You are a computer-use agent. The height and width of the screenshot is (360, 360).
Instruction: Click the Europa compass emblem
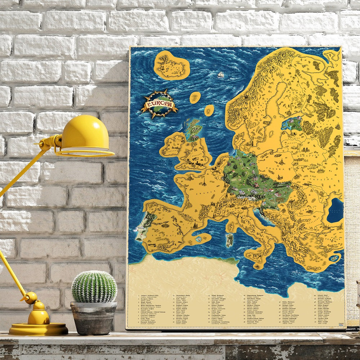[x=159, y=104]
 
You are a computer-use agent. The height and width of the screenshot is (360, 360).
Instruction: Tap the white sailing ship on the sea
[x=220, y=75]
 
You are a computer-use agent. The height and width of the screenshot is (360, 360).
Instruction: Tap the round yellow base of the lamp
[x=38, y=328]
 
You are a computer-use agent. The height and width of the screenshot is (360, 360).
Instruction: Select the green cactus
[x=94, y=287]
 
